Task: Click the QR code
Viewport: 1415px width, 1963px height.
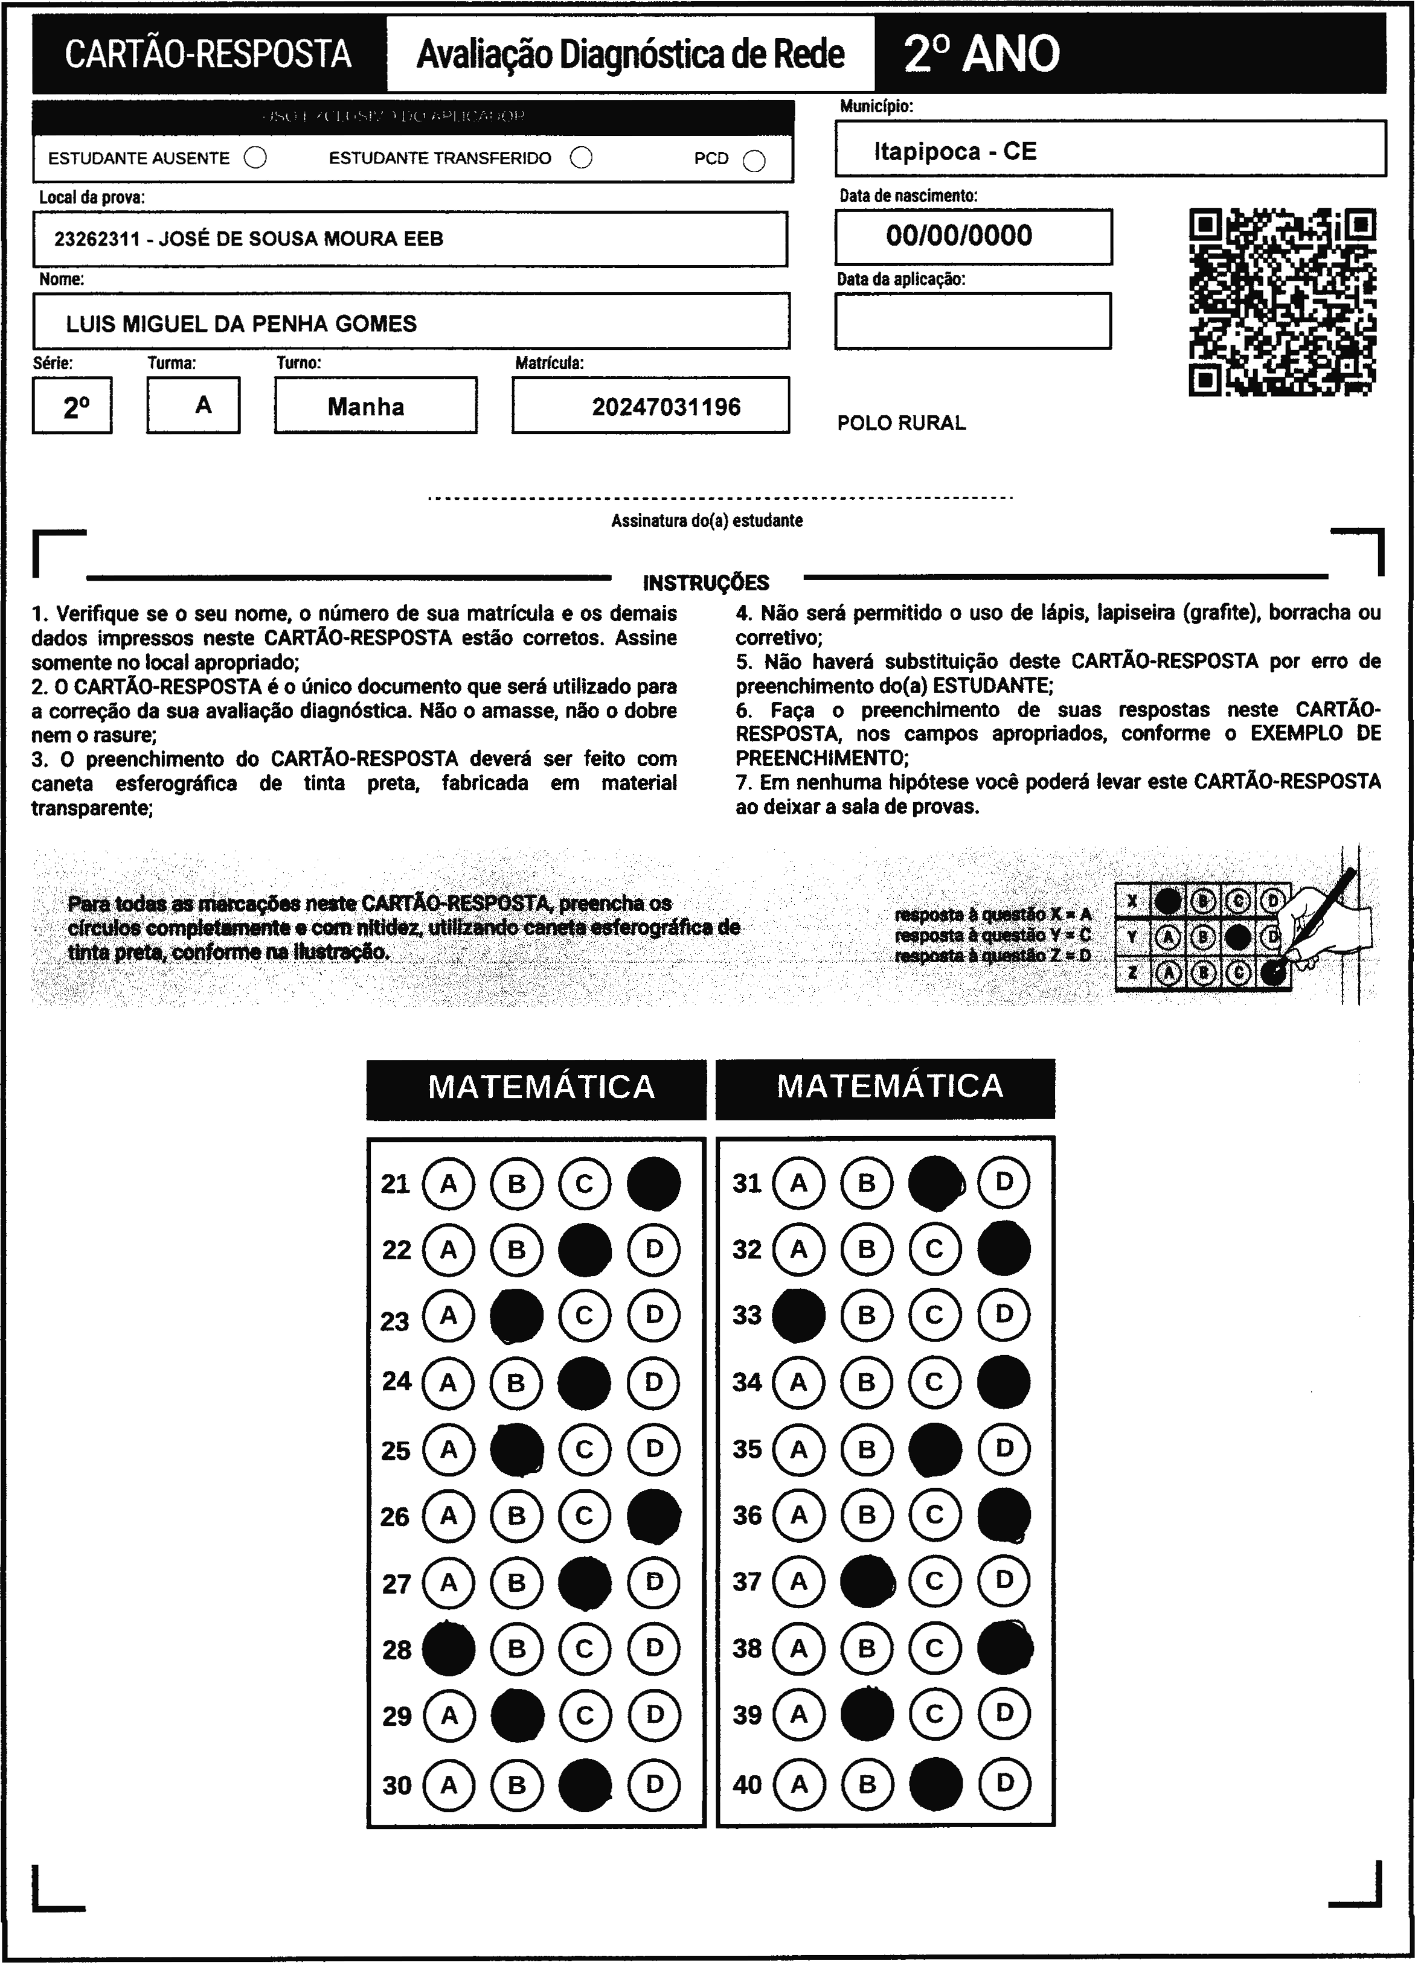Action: point(1283,302)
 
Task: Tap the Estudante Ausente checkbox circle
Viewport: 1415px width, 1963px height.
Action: point(255,158)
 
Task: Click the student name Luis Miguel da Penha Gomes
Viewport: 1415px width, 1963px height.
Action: point(241,324)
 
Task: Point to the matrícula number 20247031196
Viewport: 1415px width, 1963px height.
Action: point(666,407)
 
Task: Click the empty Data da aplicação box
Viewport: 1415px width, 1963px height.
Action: point(972,321)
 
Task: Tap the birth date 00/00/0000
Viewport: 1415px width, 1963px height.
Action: point(958,235)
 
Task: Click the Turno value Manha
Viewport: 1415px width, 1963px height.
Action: point(365,407)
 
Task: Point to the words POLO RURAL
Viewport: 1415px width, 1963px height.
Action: point(900,423)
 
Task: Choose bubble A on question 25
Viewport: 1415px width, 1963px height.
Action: point(449,1449)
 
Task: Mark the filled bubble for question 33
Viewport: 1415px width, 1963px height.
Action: point(798,1315)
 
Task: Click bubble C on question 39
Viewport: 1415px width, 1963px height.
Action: point(934,1714)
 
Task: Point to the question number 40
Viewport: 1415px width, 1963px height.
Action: point(746,1784)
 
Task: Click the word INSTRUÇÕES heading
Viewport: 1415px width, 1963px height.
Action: point(706,583)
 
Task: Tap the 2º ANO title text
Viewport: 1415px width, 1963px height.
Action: point(981,54)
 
